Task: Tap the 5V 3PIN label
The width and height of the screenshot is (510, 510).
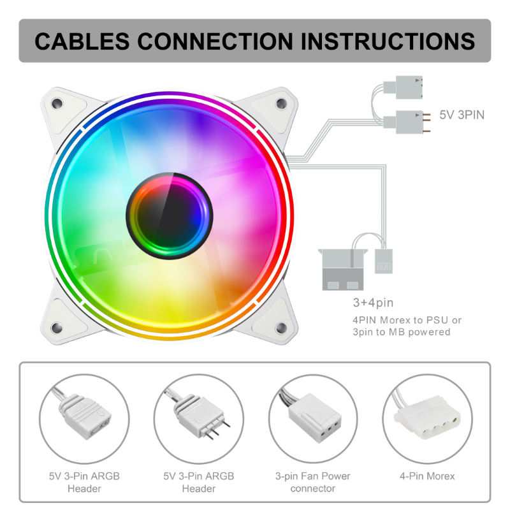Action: pos(462,115)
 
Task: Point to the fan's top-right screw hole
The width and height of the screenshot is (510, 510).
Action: pos(281,102)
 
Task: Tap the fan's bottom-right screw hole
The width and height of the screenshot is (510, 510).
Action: pos(281,329)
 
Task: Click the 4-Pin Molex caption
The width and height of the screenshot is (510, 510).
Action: pos(427,476)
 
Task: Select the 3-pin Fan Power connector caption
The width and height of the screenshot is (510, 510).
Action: pos(312,483)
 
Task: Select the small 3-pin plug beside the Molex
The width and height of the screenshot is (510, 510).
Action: pos(383,260)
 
